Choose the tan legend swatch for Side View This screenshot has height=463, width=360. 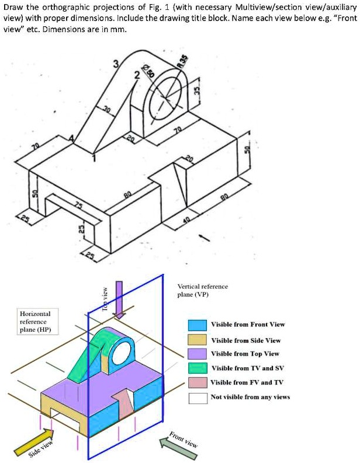coord(198,340)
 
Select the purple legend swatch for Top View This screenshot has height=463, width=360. coord(198,354)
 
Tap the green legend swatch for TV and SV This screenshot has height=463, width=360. coord(198,368)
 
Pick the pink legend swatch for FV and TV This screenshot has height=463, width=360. coord(198,383)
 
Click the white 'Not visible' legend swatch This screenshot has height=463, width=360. coord(198,398)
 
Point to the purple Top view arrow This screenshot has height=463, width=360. coord(119,299)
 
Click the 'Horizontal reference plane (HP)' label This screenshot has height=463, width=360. coord(36,321)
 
